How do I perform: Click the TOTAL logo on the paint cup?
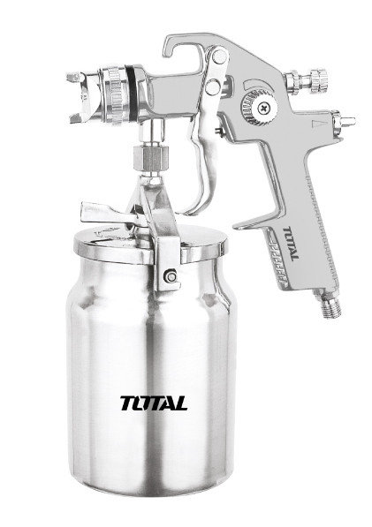tap(154, 403)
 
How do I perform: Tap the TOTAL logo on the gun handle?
tap(291, 244)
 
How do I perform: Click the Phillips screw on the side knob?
tap(263, 108)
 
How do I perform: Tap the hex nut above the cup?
tap(149, 158)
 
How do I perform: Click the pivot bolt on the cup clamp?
tap(171, 276)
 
